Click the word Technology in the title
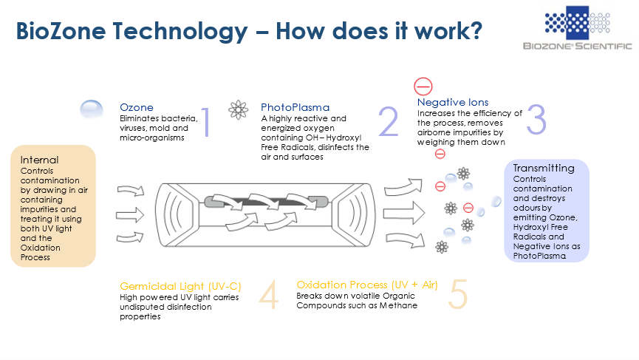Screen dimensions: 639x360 click(x=180, y=32)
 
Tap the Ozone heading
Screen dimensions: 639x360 click(x=137, y=108)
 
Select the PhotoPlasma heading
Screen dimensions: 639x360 click(x=295, y=108)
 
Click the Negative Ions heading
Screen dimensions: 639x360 click(x=453, y=102)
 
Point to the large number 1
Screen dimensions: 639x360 click(x=206, y=121)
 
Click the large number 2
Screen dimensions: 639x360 click(x=388, y=121)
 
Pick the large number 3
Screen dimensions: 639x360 click(x=536, y=120)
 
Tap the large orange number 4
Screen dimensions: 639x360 click(x=269, y=294)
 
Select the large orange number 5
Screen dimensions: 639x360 click(x=458, y=294)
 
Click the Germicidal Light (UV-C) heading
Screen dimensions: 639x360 click(x=180, y=287)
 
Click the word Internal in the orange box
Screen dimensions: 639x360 click(x=40, y=160)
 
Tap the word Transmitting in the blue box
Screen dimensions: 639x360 click(x=544, y=169)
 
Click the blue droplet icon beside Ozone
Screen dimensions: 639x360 click(x=92, y=109)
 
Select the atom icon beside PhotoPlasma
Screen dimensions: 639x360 click(x=239, y=109)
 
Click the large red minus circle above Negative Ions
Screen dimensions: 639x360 click(x=423, y=86)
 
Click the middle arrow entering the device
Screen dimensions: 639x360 click(x=130, y=215)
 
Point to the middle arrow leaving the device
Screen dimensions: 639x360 click(x=404, y=213)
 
